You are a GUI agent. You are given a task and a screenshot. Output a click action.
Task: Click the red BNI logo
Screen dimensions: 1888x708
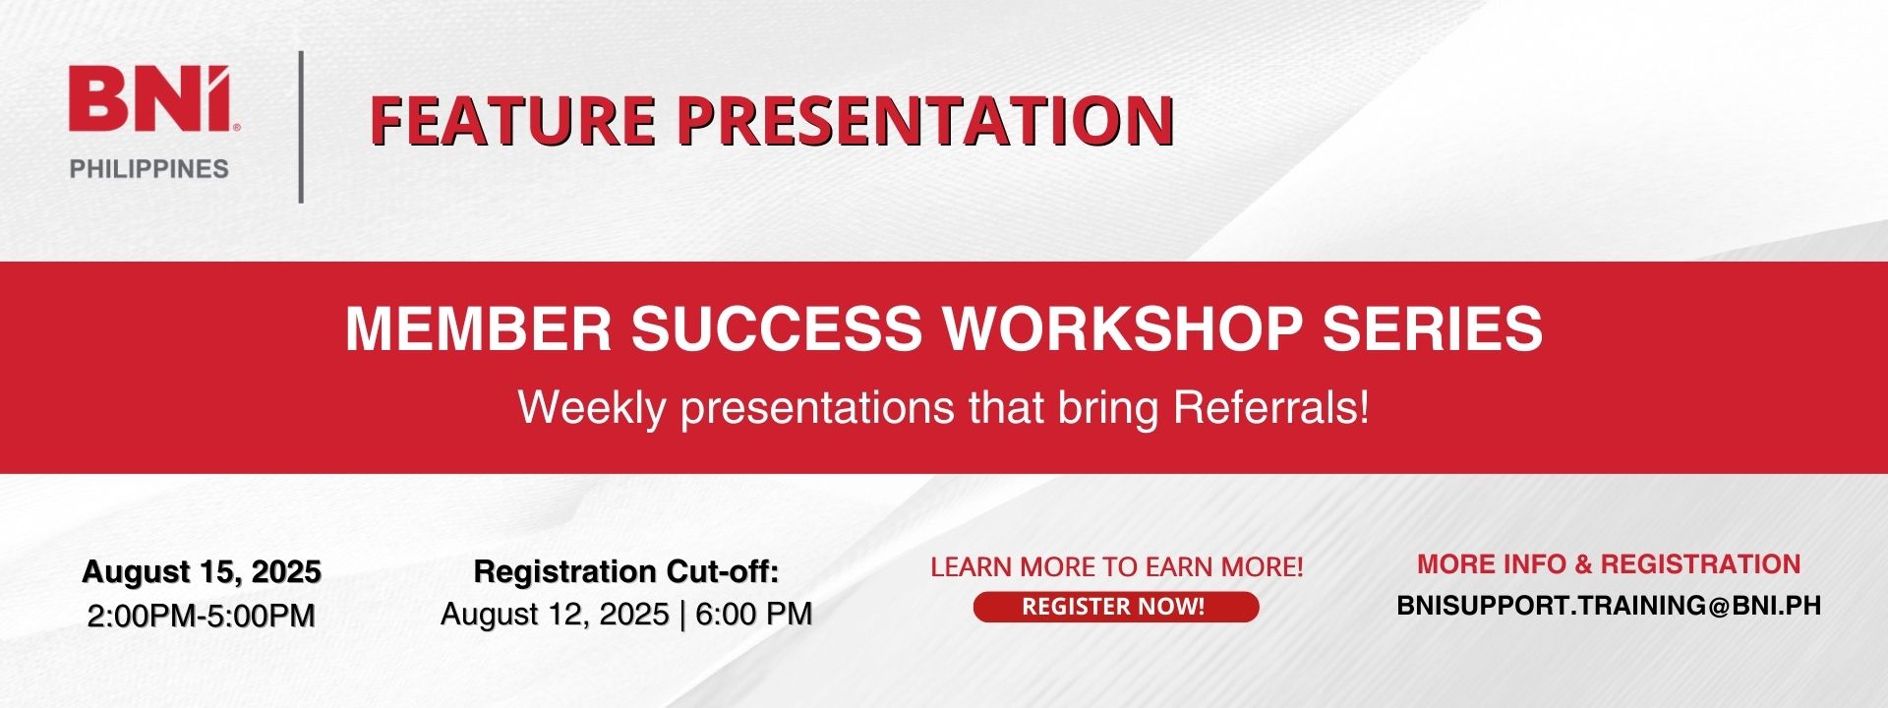tap(149, 98)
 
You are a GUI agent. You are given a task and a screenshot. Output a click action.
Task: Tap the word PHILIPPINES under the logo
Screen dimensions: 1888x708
tap(149, 169)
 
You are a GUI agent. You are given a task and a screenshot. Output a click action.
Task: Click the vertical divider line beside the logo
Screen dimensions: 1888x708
tap(301, 127)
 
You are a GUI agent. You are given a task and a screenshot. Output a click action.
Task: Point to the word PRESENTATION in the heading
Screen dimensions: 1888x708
tap(925, 120)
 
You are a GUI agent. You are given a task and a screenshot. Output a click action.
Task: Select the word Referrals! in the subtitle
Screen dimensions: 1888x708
tap(1271, 407)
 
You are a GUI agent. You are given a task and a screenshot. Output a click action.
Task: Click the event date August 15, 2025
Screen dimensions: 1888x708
tap(202, 571)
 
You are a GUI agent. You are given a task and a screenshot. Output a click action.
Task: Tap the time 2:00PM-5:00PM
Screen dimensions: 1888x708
tap(202, 616)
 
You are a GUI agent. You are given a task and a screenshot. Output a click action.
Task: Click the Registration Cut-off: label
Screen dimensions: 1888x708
tap(626, 571)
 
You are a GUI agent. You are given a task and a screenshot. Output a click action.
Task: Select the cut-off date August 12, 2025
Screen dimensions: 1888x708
tap(556, 615)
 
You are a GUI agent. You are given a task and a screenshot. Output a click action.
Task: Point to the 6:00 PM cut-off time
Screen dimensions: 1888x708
tap(754, 615)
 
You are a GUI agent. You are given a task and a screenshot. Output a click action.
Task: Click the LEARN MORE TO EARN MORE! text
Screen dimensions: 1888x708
tap(1117, 567)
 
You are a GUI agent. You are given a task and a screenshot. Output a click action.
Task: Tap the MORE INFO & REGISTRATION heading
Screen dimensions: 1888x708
tap(1609, 564)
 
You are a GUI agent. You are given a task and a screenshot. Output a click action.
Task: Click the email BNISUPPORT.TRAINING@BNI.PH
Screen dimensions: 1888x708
tap(1609, 606)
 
